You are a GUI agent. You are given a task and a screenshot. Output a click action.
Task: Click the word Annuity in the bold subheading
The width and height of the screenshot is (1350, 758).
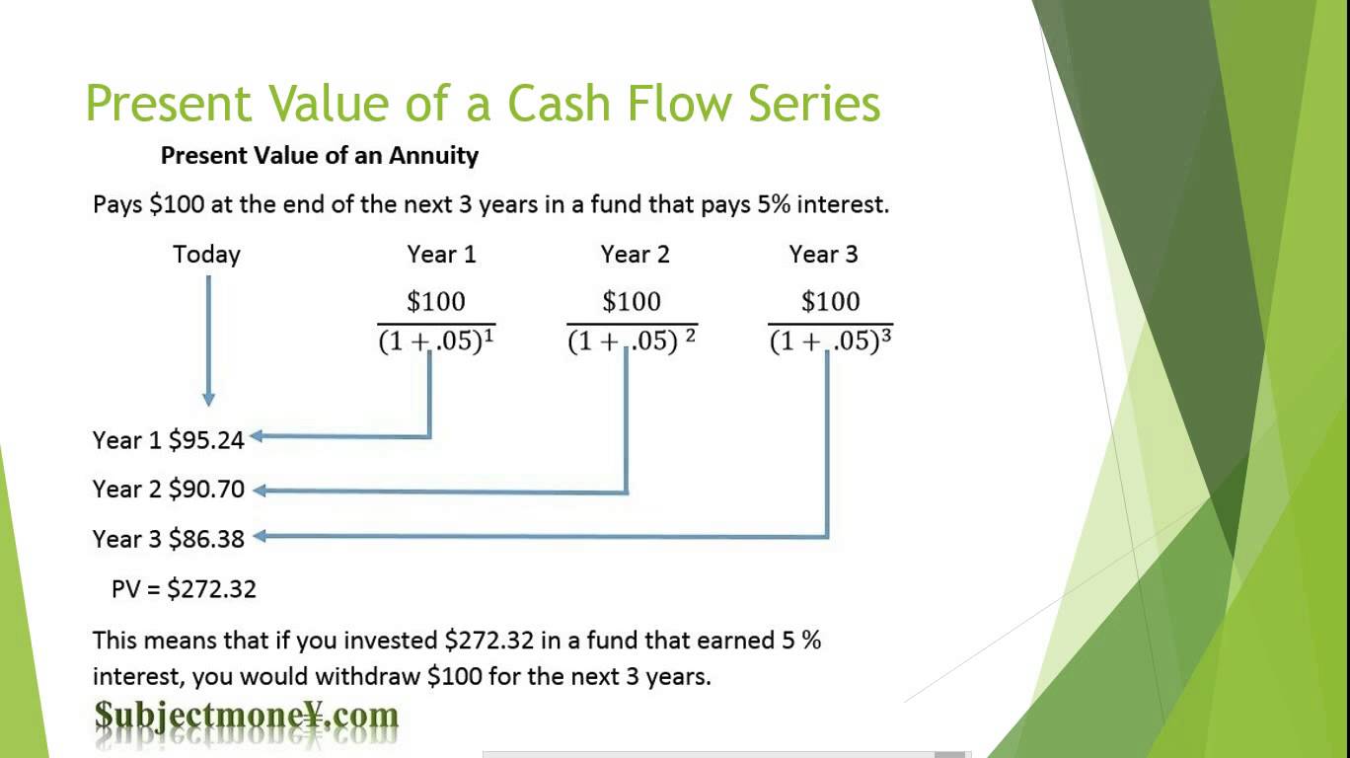pyautogui.click(x=433, y=157)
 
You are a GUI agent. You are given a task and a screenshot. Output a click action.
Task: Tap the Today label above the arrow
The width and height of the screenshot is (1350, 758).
pyautogui.click(x=206, y=255)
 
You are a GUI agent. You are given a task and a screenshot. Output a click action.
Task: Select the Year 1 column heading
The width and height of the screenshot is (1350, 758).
pyautogui.click(x=442, y=255)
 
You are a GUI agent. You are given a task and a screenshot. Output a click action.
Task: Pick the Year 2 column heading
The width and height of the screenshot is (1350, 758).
pyautogui.click(x=636, y=255)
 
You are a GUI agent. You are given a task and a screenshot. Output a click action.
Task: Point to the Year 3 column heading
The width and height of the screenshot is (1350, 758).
pyautogui.click(x=823, y=255)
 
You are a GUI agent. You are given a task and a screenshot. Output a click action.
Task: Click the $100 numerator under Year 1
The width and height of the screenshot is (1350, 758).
pyautogui.click(x=436, y=301)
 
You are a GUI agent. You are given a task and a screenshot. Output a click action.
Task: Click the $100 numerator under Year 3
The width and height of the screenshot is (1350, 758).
pyautogui.click(x=831, y=301)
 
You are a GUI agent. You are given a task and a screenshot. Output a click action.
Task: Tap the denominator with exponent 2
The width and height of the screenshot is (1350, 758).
pyautogui.click(x=632, y=341)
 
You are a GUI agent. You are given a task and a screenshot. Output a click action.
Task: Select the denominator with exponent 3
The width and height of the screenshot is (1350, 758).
pyautogui.click(x=831, y=341)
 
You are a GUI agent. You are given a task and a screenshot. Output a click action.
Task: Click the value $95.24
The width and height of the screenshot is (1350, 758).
pyautogui.click(x=206, y=440)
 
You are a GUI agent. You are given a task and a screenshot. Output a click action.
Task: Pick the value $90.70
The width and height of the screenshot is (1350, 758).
pyautogui.click(x=206, y=490)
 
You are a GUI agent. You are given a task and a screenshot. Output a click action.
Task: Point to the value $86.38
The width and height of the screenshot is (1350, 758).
pyautogui.click(x=206, y=539)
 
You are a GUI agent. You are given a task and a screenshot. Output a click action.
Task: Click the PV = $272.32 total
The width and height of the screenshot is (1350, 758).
pyautogui.click(x=184, y=588)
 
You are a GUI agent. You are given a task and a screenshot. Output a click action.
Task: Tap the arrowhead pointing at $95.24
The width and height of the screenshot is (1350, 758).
pyautogui.click(x=257, y=435)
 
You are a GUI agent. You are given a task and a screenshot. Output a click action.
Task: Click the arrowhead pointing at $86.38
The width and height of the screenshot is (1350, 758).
pyautogui.click(x=260, y=536)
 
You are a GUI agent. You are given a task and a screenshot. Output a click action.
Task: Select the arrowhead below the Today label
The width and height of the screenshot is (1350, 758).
pyautogui.click(x=208, y=399)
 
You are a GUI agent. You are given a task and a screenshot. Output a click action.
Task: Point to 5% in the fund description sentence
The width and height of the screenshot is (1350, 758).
pyautogui.click(x=774, y=205)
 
